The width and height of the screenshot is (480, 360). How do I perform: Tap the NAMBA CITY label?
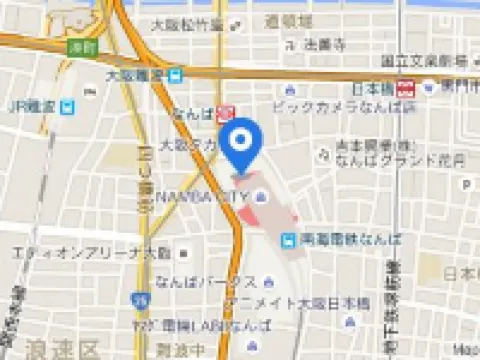(199, 196)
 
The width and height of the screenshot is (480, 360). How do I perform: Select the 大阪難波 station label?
(135, 74)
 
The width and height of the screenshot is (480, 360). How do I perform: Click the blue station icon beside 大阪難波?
(175, 74)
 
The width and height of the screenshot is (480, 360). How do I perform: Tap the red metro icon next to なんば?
(227, 113)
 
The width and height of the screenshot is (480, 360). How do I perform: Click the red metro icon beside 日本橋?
(407, 87)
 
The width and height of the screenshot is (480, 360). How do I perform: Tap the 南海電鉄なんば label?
(349, 240)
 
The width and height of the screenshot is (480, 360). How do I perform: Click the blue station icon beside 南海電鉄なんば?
(288, 240)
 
